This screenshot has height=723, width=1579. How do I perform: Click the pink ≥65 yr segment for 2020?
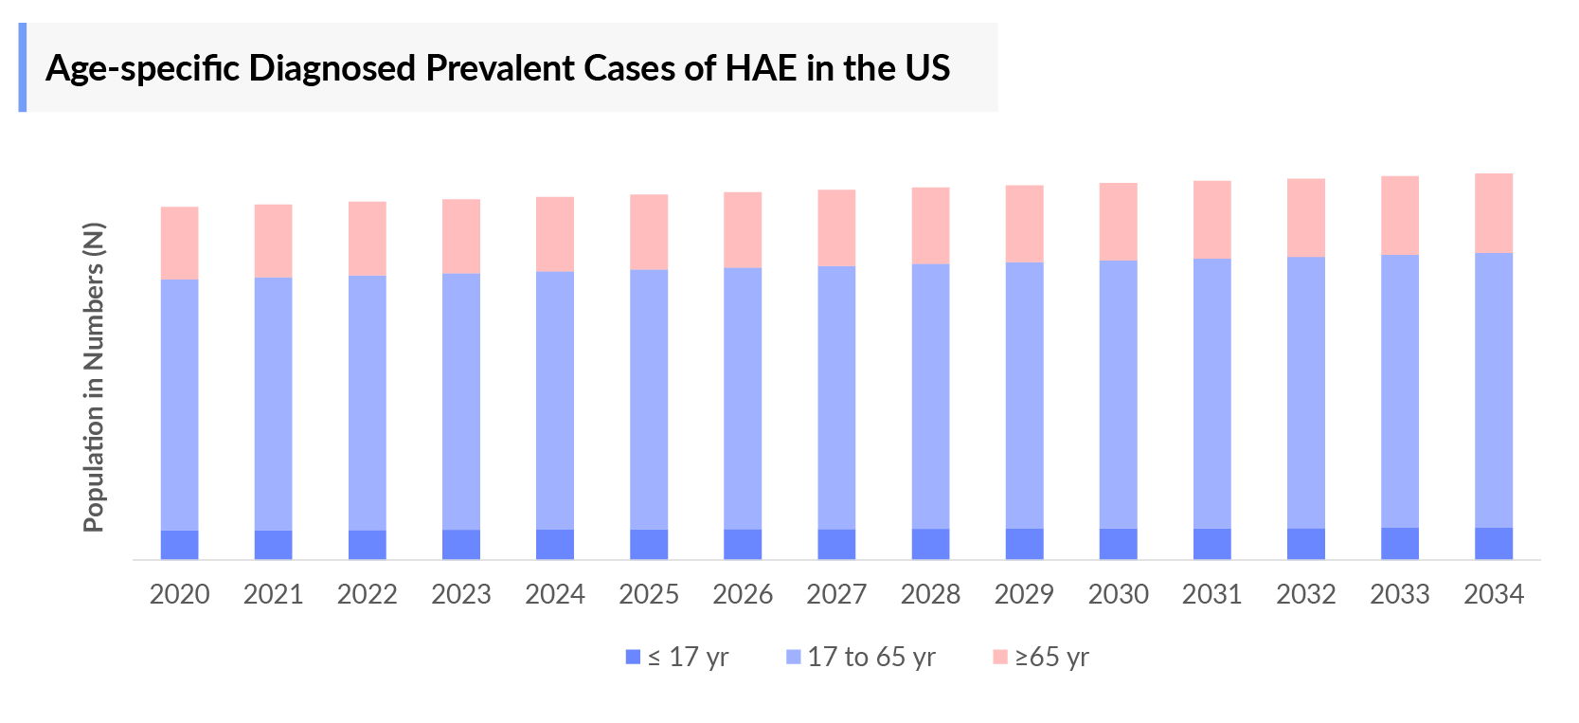coord(179,244)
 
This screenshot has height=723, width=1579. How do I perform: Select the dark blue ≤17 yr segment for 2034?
coord(1493,543)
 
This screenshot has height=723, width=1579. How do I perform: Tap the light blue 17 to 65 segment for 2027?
coord(836,398)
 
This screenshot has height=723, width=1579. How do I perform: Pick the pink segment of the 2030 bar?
coord(1118,222)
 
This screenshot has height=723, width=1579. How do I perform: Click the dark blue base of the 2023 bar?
coord(460,544)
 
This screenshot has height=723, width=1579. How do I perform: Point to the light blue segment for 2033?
coord(1399,391)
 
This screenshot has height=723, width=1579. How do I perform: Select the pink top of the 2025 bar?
coord(649,232)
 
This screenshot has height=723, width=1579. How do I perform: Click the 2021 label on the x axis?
coord(273,594)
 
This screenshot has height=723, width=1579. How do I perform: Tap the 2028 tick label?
coord(930,594)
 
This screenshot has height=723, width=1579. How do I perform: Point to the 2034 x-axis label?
coord(1493,594)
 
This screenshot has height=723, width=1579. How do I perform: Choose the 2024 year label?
coord(554,594)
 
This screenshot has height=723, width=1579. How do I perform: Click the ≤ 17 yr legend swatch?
coord(634,657)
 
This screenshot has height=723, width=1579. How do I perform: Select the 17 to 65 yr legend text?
coord(870,657)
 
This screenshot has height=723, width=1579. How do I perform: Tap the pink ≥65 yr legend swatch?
coord(999,657)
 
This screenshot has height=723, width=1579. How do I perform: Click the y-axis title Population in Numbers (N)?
coord(93,377)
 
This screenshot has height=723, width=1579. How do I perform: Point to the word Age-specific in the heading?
coord(142,68)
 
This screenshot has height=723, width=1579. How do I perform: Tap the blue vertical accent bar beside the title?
coord(23,67)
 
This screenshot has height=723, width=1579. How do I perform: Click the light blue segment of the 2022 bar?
coord(367,403)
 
